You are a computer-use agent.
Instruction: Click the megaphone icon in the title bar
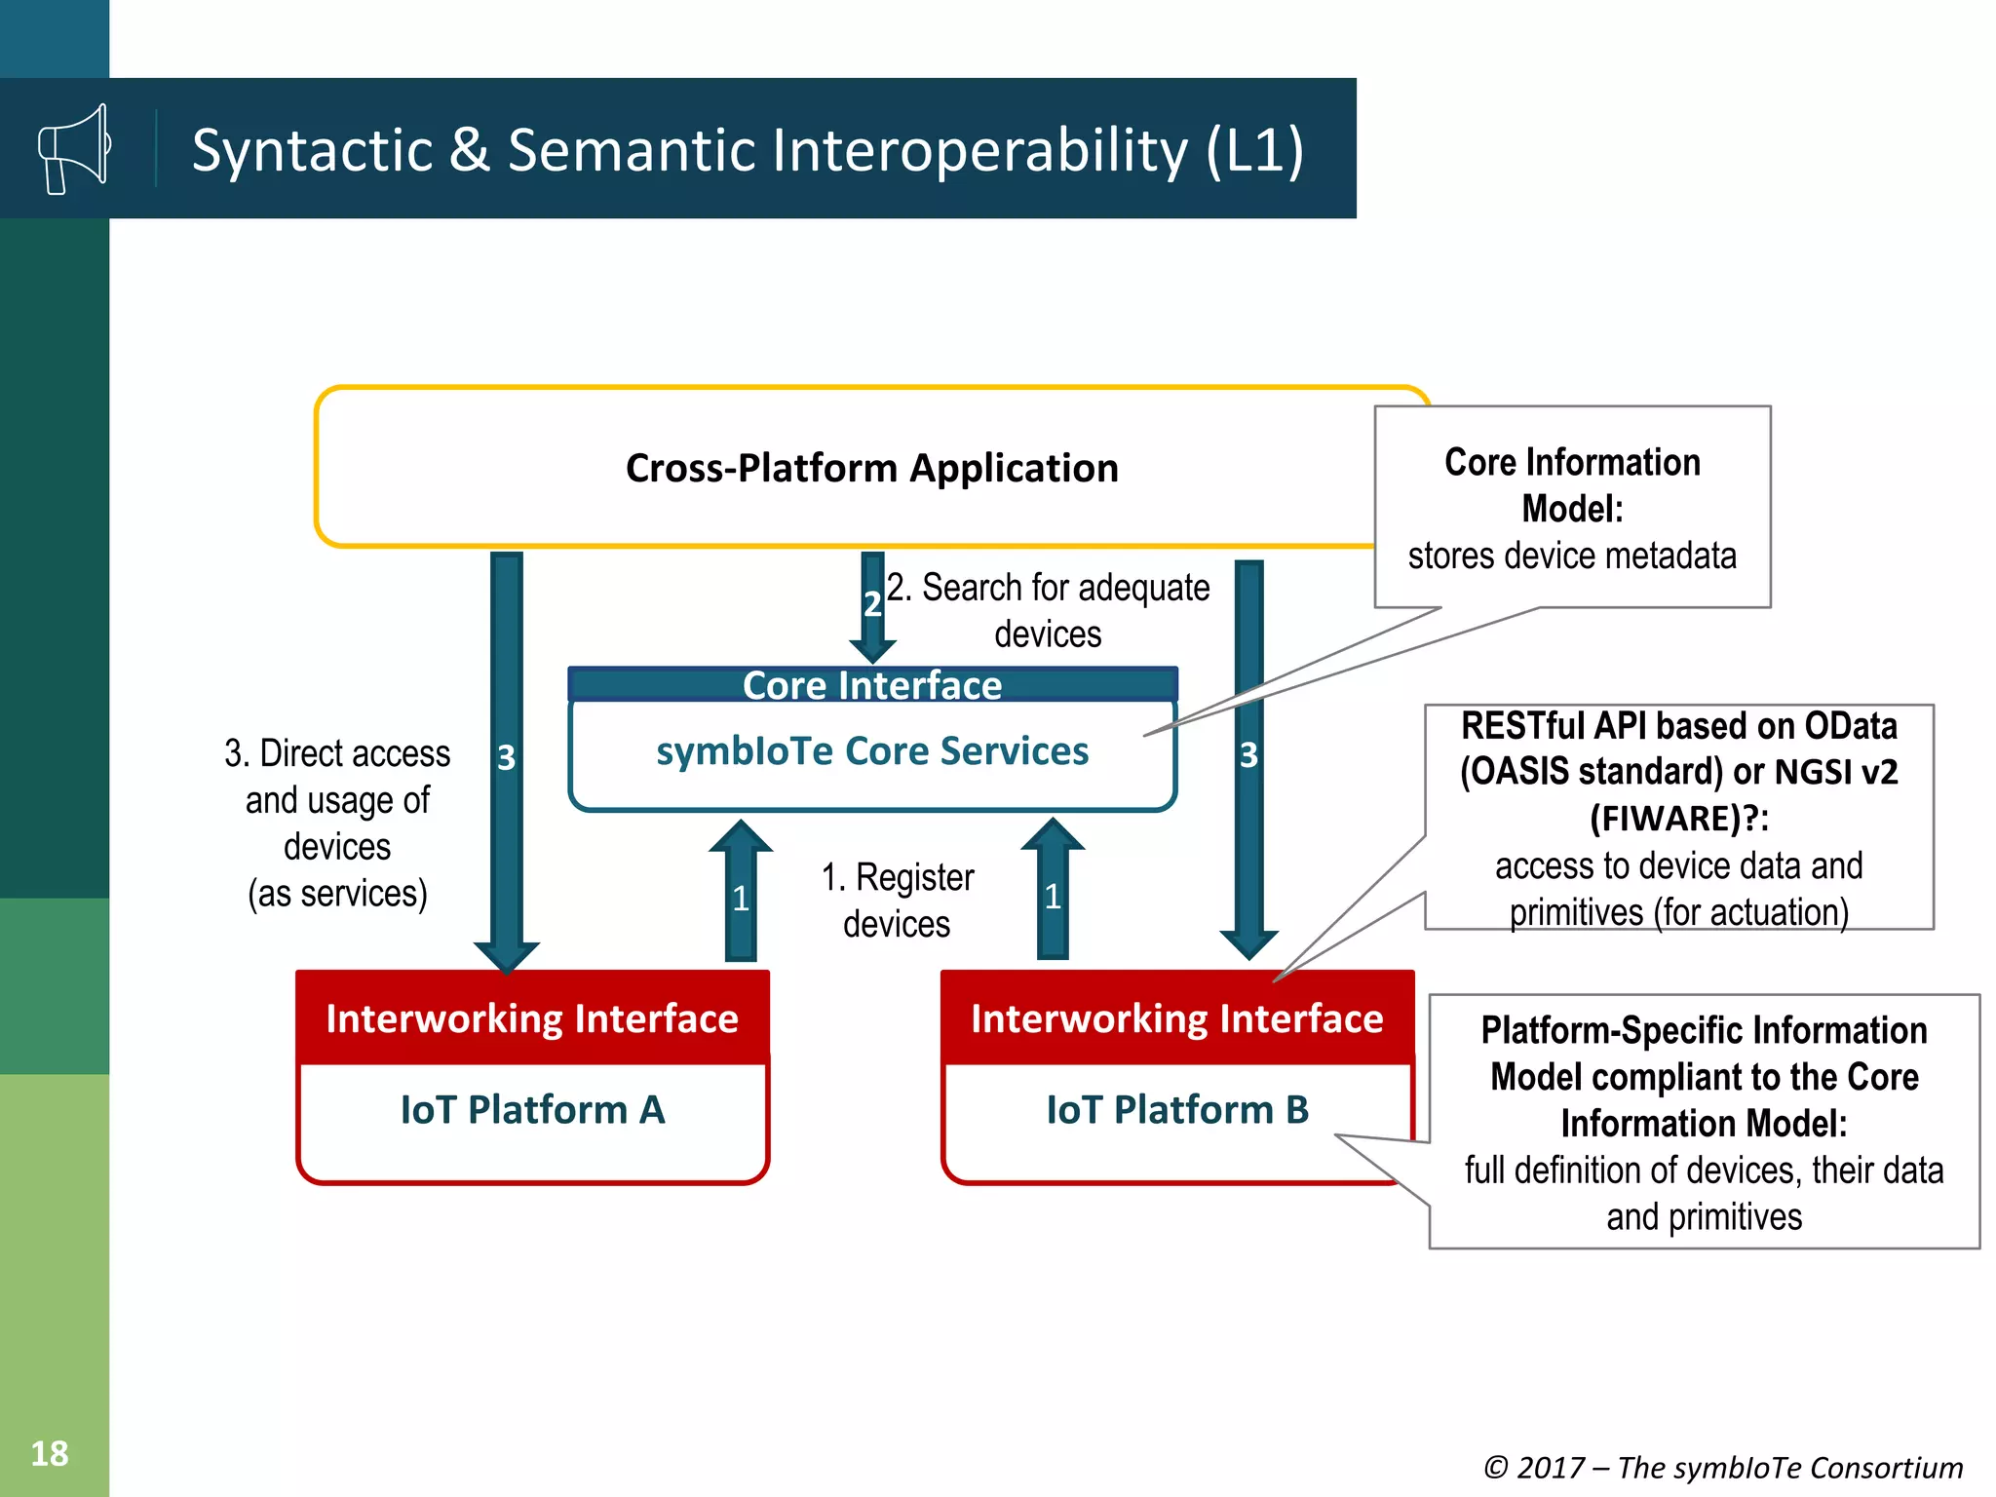(x=73, y=149)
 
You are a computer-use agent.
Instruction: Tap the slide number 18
(x=50, y=1453)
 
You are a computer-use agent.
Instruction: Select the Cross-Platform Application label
(x=871, y=468)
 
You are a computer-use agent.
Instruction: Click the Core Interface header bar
(x=872, y=685)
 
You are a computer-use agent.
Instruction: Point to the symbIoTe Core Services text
(x=872, y=751)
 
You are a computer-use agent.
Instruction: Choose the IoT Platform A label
(x=532, y=1110)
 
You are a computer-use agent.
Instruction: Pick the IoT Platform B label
(x=1177, y=1110)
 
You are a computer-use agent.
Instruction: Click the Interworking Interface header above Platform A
(x=532, y=1018)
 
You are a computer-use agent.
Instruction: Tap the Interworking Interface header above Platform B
(x=1177, y=1018)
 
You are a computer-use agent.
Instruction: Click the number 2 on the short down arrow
(x=872, y=604)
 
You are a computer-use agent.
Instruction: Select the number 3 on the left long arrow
(x=506, y=757)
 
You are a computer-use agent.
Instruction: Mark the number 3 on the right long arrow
(x=1248, y=754)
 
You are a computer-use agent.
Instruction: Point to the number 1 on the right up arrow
(x=1053, y=897)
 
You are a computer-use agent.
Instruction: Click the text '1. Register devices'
(x=897, y=901)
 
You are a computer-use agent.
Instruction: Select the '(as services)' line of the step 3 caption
(x=337, y=894)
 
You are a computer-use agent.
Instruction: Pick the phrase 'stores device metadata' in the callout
(x=1572, y=556)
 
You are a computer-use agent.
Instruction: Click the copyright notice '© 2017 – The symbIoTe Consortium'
(x=1722, y=1467)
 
